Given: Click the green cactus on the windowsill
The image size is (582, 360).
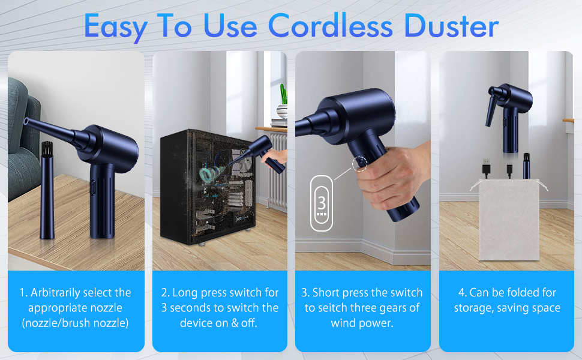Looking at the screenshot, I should point(283,94).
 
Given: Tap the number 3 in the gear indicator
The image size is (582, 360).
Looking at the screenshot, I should point(322,201).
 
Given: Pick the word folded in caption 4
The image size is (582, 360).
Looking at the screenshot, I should point(515,293).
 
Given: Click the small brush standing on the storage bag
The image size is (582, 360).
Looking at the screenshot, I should point(526,166).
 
